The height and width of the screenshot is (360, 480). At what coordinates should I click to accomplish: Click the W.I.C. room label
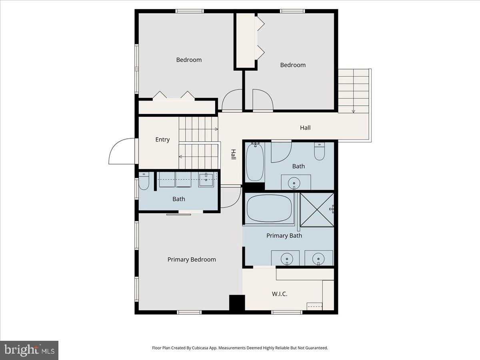coord(280,294)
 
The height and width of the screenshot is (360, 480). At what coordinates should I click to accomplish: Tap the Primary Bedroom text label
coord(192,260)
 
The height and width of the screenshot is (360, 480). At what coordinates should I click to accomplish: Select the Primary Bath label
coord(284,236)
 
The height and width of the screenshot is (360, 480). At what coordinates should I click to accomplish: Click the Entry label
coord(162,140)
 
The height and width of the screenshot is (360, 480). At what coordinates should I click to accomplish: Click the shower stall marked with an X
coord(317,209)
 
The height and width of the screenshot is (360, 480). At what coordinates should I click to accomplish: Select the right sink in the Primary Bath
coord(319,258)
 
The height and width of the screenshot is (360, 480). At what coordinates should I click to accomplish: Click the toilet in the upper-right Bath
coord(319,152)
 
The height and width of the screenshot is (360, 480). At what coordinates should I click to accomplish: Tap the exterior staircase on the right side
coord(354,91)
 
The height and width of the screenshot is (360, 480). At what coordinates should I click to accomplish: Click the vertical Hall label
coord(233,155)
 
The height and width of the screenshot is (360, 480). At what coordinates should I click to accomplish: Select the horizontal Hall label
coord(305,128)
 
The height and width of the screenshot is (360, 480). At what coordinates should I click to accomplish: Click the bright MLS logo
coord(29,350)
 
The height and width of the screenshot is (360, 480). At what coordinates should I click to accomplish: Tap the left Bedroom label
coord(189,60)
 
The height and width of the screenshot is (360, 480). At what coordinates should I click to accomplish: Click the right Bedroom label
coord(293,65)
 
